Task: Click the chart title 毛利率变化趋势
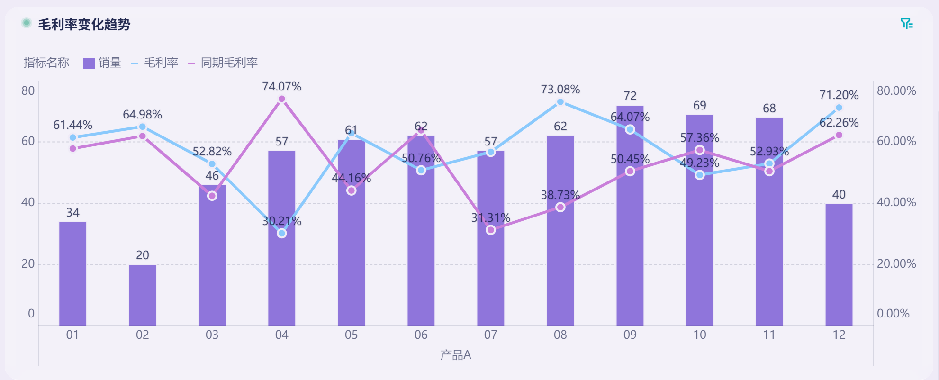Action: (84, 24)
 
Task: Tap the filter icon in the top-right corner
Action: (906, 24)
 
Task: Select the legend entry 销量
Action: (102, 63)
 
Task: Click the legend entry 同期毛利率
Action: (223, 63)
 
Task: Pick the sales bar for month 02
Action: (142, 295)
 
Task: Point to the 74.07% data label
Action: (281, 87)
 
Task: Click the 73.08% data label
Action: (560, 90)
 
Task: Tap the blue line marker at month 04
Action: (281, 233)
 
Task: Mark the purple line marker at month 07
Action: (491, 230)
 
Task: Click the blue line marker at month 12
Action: (839, 108)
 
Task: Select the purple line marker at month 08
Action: (560, 207)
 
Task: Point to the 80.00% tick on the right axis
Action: (896, 91)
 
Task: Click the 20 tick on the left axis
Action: (28, 264)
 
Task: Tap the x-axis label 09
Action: (630, 335)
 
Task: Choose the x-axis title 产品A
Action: (455, 355)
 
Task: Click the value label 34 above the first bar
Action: (72, 213)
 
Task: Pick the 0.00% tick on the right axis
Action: (893, 314)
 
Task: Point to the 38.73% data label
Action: (560, 195)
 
